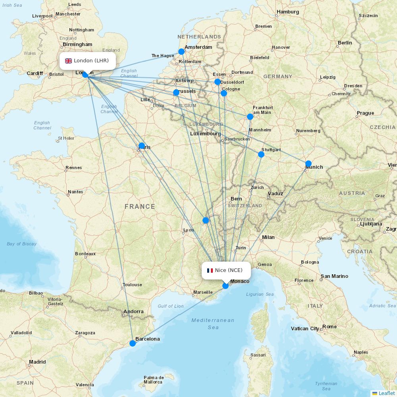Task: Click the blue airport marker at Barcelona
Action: (133, 343)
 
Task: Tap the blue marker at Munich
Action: (308, 164)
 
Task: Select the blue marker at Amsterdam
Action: (181, 52)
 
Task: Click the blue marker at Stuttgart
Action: (261, 154)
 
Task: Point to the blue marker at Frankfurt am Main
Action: (250, 117)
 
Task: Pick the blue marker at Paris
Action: (142, 146)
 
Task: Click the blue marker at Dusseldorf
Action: (218, 82)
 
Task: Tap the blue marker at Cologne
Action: (224, 93)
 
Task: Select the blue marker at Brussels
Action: (176, 93)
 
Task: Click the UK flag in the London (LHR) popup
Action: (69, 61)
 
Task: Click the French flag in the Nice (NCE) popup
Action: (210, 270)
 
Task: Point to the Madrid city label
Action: (37, 362)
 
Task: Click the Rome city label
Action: (330, 327)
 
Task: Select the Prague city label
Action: (365, 113)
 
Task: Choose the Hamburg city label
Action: (288, 12)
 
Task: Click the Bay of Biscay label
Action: (21, 244)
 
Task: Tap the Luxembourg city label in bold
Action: (205, 134)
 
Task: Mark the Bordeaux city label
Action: (85, 254)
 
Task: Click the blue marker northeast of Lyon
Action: (206, 220)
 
